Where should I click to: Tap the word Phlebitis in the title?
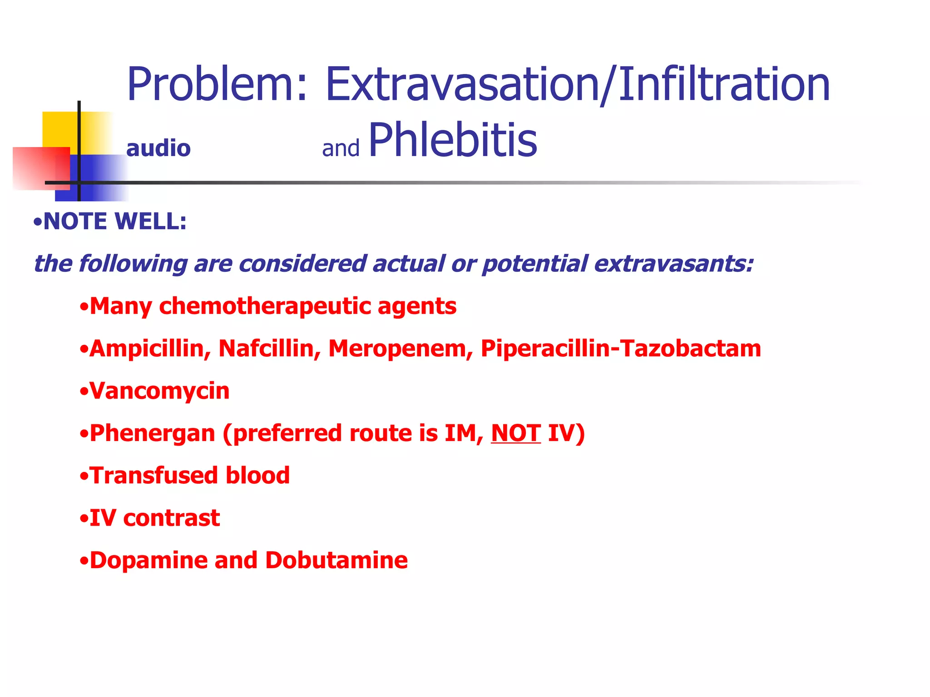click(x=453, y=141)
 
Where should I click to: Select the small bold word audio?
click(x=158, y=149)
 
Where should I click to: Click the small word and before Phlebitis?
click(x=341, y=149)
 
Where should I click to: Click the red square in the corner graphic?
click(x=36, y=168)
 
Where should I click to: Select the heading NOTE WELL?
click(x=114, y=222)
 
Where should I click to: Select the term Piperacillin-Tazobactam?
click(x=621, y=349)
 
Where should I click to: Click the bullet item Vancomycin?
click(x=159, y=391)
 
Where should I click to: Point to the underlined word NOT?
click(x=516, y=433)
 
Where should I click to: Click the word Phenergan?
click(x=152, y=434)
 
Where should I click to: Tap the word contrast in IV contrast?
click(x=172, y=518)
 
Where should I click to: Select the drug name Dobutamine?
click(x=336, y=560)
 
